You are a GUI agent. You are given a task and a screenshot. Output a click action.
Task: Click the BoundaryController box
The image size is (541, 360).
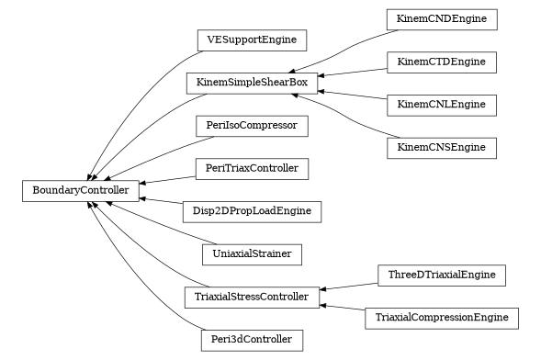81,191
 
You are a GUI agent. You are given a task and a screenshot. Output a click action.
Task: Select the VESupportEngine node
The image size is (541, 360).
252,39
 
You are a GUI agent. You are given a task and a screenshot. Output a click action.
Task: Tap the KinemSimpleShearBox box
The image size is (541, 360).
252,83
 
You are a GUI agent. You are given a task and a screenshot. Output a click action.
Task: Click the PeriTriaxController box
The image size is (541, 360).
252,169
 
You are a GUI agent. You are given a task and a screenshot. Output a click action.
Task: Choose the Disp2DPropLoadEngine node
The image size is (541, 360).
252,211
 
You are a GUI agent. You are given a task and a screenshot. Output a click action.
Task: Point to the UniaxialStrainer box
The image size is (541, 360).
252,253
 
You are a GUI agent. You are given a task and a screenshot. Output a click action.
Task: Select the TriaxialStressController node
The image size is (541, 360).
252,298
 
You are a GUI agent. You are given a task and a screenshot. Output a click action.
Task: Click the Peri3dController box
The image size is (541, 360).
252,340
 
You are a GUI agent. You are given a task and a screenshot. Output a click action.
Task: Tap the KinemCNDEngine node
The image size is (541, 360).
442,18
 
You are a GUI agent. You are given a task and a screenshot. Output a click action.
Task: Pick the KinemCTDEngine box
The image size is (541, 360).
442,62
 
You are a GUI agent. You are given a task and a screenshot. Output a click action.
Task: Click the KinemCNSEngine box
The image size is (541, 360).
442,147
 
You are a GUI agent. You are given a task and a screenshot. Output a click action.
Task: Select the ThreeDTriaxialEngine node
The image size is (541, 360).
442,276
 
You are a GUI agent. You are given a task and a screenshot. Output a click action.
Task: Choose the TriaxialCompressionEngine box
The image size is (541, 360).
442,318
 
